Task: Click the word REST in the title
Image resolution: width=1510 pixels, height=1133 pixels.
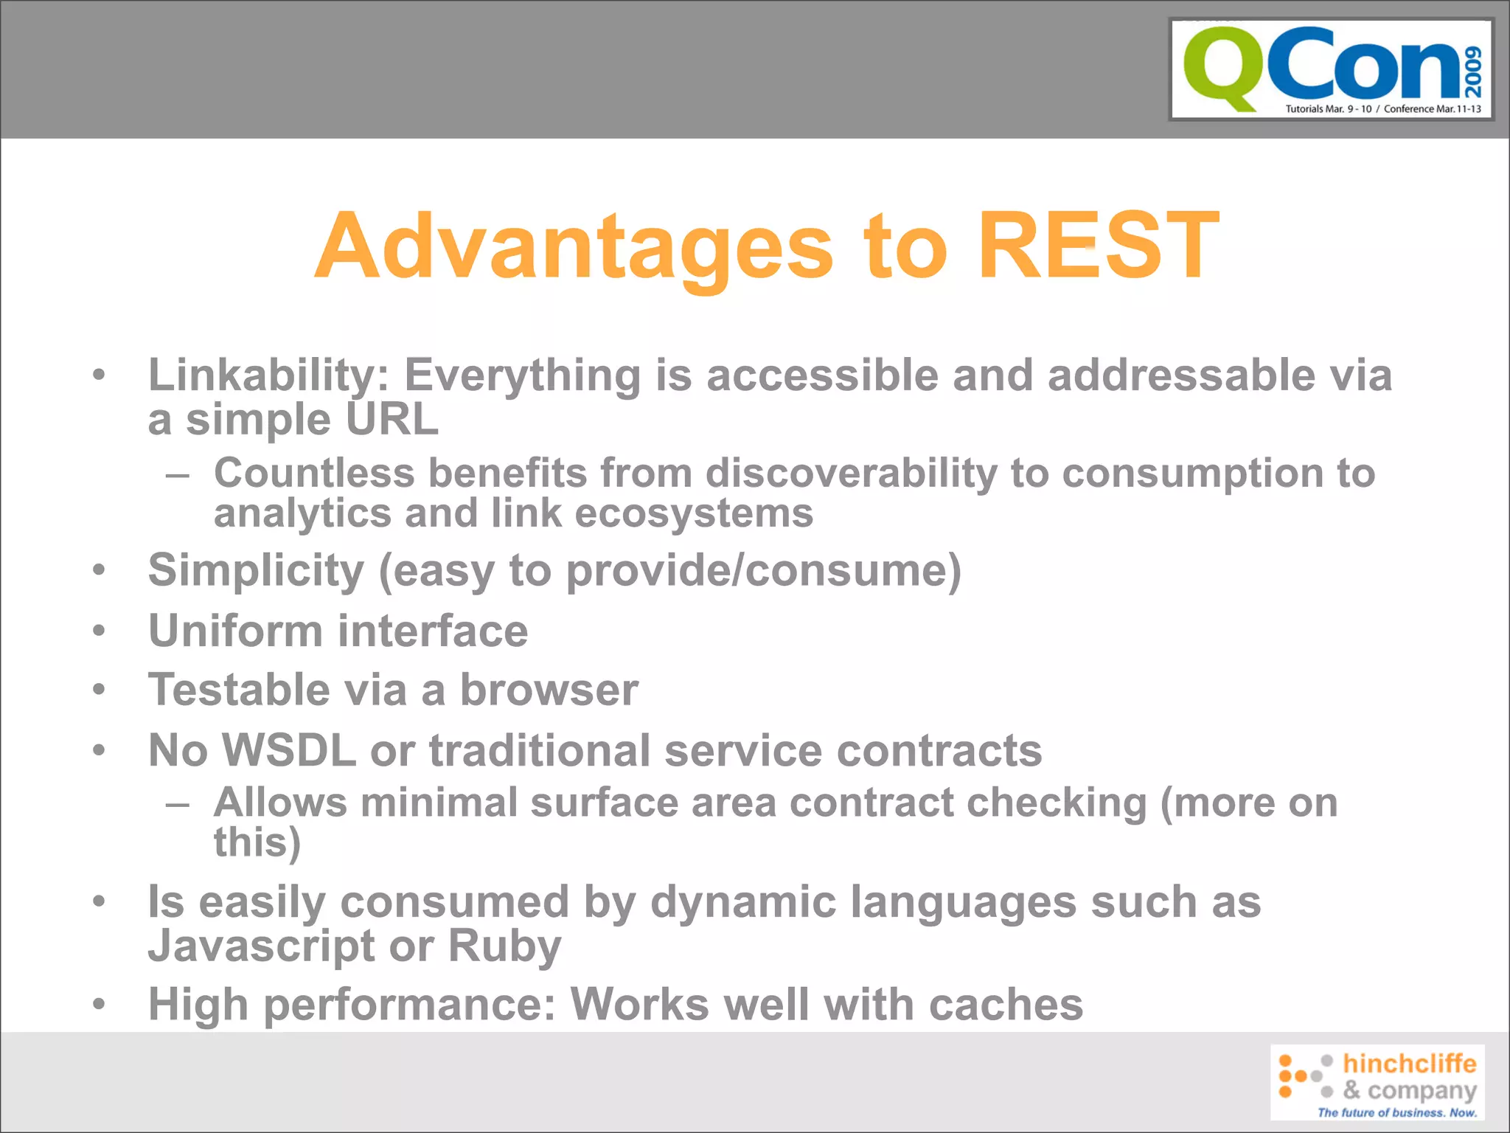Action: point(1098,245)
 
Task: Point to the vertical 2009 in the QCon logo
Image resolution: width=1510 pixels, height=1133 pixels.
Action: point(1472,72)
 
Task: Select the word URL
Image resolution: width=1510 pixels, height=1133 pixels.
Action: point(392,420)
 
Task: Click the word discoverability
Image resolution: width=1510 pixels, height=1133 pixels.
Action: point(851,473)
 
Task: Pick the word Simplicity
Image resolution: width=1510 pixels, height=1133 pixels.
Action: point(256,570)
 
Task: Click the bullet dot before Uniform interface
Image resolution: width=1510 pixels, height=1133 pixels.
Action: point(100,631)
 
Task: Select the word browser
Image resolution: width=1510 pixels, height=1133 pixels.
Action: point(549,690)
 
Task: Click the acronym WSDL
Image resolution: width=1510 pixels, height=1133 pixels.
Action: point(289,750)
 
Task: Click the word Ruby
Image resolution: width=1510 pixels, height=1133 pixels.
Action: point(504,946)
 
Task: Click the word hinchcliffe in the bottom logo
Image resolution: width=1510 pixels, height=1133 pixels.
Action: point(1409,1064)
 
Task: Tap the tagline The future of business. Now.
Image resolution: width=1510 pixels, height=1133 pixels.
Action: point(1396,1112)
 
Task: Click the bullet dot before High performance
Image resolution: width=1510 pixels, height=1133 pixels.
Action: point(100,1005)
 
